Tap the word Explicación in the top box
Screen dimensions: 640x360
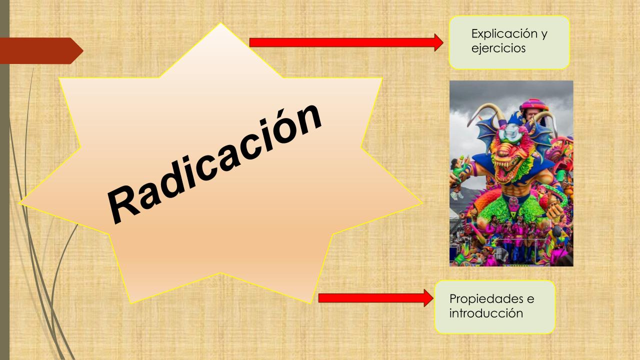click(x=504, y=33)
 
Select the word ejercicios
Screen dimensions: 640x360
click(x=498, y=48)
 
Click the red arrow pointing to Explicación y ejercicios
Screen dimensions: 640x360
click(x=346, y=42)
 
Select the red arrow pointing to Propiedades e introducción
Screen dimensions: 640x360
click(x=375, y=298)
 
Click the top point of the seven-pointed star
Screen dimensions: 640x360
click(x=220, y=23)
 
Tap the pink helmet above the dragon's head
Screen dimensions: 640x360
click(x=533, y=105)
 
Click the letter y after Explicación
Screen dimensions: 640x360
click(x=544, y=35)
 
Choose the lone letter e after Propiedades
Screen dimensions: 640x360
click(x=530, y=299)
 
